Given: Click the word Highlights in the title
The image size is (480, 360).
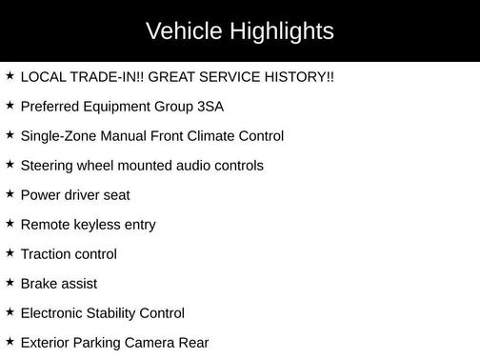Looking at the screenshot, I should point(282,31).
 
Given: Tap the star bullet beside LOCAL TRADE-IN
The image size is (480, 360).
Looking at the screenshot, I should point(10,75).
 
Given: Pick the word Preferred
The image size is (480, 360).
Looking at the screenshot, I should point(49,106).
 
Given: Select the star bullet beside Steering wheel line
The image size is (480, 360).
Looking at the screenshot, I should point(10,164).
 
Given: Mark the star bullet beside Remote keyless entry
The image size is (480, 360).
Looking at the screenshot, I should point(10,223).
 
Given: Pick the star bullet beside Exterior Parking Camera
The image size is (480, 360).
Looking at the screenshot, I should point(10,341).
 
